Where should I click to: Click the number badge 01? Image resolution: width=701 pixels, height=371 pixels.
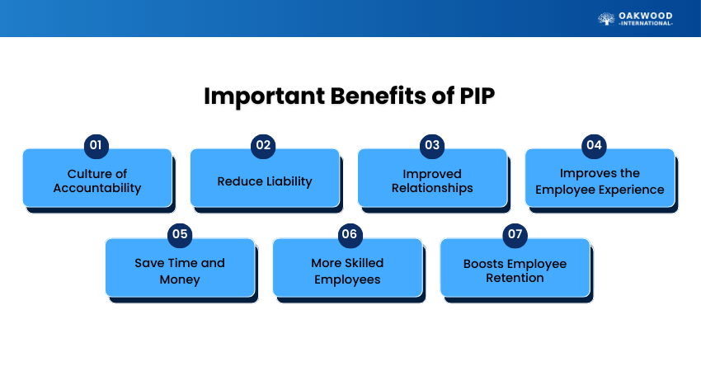click(x=96, y=145)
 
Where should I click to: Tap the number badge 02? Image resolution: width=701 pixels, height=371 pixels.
click(x=264, y=145)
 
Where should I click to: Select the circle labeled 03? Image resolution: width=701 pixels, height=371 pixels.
click(x=431, y=145)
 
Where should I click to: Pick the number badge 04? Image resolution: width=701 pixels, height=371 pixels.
click(x=594, y=145)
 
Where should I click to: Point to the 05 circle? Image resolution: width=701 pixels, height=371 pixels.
click(x=180, y=234)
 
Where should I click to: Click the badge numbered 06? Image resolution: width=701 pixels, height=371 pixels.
click(x=348, y=234)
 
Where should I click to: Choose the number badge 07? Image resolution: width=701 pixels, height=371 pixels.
click(x=515, y=234)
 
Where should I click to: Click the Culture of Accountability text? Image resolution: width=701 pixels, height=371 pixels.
click(x=97, y=181)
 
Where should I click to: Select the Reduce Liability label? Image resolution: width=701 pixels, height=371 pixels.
click(x=265, y=181)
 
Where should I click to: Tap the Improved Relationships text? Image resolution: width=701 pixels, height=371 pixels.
click(x=432, y=181)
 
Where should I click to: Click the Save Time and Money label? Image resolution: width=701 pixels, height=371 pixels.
click(x=180, y=270)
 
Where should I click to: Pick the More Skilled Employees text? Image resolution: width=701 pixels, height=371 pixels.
click(x=347, y=270)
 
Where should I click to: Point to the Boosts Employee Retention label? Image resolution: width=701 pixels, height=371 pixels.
click(x=515, y=270)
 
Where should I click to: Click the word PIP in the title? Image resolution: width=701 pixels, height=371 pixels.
click(x=476, y=96)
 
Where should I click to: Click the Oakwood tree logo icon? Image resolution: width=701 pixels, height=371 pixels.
click(x=606, y=18)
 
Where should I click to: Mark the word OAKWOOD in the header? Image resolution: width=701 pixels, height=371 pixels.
click(x=646, y=15)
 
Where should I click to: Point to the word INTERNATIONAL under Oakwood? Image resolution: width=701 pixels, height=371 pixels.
click(x=646, y=24)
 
